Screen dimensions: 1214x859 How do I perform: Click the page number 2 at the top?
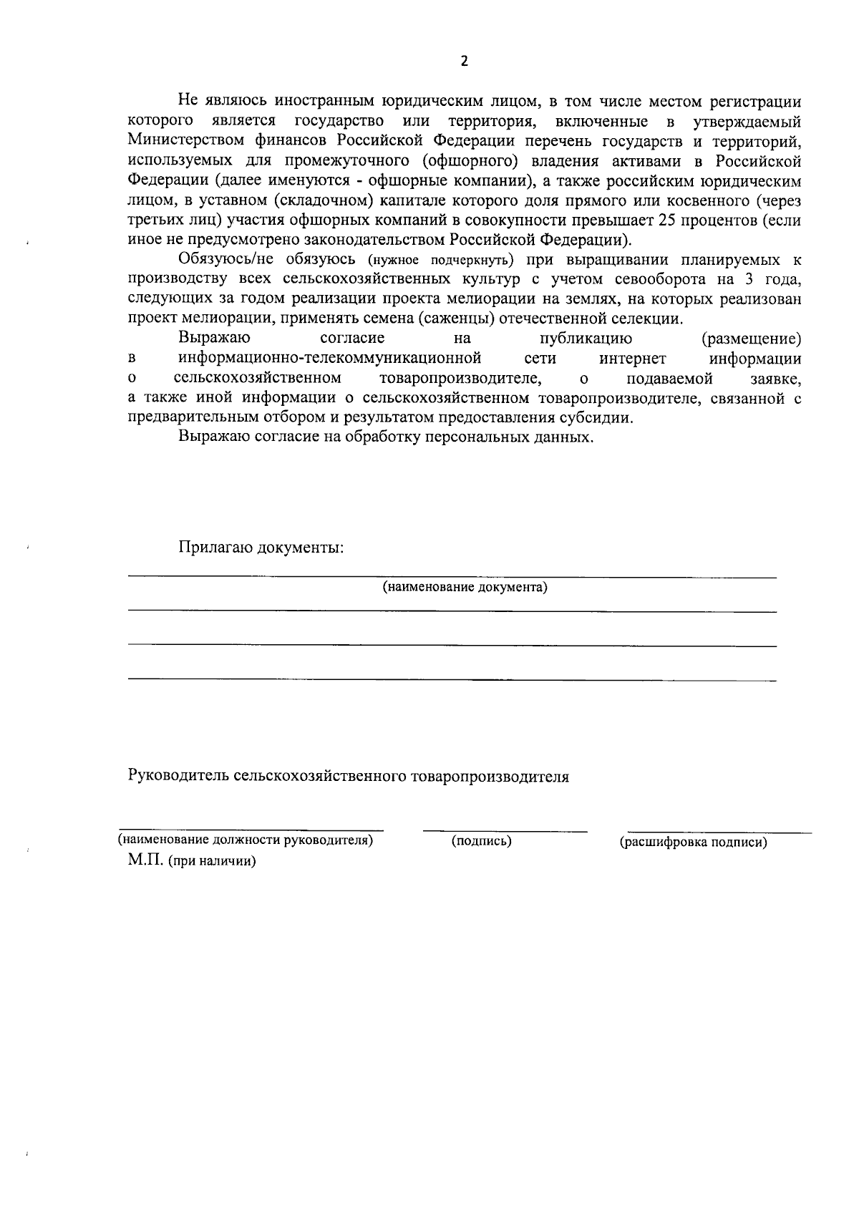[x=464, y=62]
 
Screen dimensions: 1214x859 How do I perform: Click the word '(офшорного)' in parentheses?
[x=467, y=160]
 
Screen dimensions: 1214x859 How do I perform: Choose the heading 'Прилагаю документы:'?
[x=261, y=548]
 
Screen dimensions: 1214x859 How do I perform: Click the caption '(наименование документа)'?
[x=465, y=588]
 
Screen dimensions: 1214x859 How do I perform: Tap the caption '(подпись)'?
[x=481, y=841]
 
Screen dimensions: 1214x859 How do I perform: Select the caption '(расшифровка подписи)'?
[x=693, y=842]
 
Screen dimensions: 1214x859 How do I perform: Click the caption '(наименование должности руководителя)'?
[x=246, y=840]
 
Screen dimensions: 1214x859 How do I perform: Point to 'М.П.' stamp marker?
[x=147, y=860]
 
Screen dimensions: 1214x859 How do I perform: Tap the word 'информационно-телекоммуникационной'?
[x=329, y=358]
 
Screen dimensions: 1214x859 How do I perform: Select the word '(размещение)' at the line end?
[x=751, y=338]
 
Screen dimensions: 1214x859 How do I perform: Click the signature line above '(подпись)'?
[x=505, y=831]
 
